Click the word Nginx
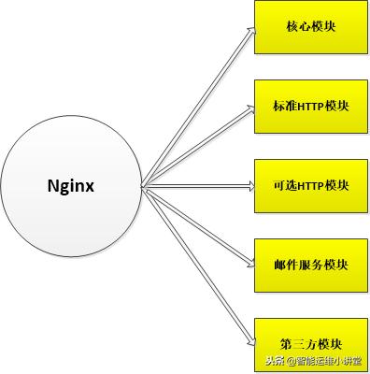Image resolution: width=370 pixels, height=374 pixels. (71, 185)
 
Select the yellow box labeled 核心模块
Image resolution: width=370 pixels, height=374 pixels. (310, 26)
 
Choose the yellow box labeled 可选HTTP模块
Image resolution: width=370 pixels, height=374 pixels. (310, 185)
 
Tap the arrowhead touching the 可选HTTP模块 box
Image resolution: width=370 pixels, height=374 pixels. (249, 185)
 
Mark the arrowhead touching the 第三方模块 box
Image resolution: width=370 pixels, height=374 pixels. (249, 339)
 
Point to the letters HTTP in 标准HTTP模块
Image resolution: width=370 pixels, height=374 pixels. (310, 107)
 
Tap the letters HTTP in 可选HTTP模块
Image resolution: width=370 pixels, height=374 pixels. (310, 185)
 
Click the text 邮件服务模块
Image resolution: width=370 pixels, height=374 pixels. (310, 265)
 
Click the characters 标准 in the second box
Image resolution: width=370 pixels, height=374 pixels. (284, 107)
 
